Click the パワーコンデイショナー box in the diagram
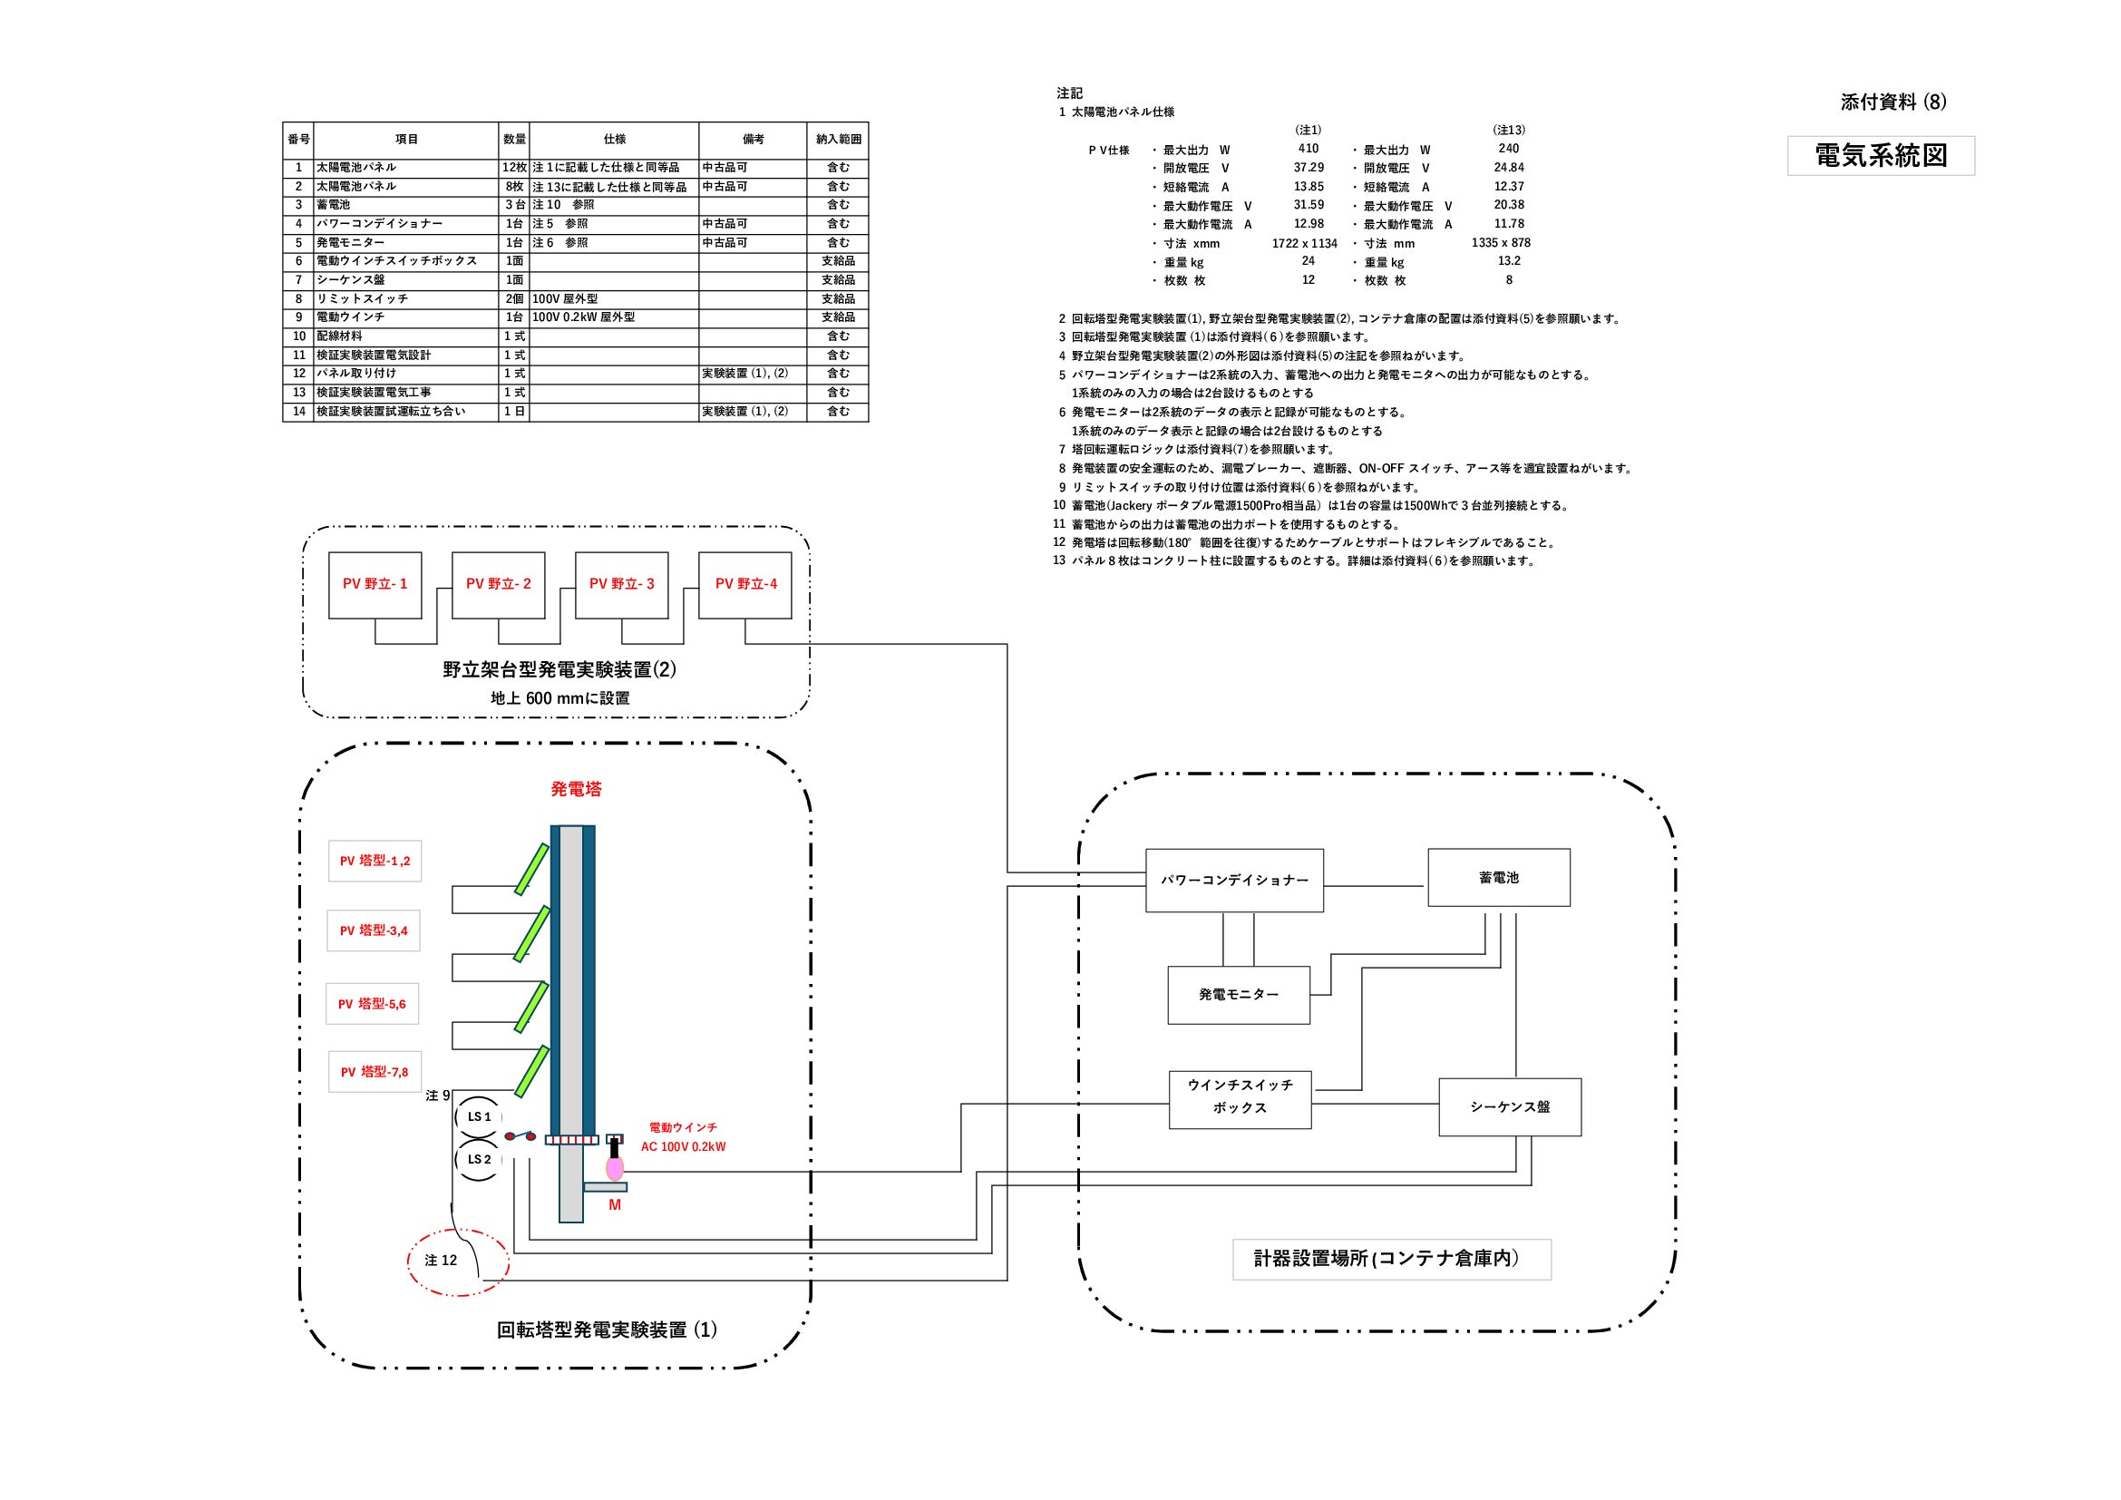(x=1234, y=881)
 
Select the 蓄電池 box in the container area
(x=1498, y=878)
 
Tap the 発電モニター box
(x=1239, y=995)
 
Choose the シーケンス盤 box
(x=1510, y=1106)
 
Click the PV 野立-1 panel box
(x=375, y=585)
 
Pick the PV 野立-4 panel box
(x=745, y=585)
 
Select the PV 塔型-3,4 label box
(x=374, y=930)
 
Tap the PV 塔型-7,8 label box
(x=375, y=1072)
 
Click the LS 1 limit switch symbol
(x=479, y=1116)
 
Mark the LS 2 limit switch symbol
(x=479, y=1159)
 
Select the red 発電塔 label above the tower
(x=577, y=789)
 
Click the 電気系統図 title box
(x=1881, y=156)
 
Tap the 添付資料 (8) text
(x=1892, y=102)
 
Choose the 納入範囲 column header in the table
(x=838, y=140)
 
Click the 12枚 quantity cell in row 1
(x=514, y=168)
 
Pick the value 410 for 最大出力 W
(x=1309, y=149)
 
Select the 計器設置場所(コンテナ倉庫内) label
(x=1391, y=1259)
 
